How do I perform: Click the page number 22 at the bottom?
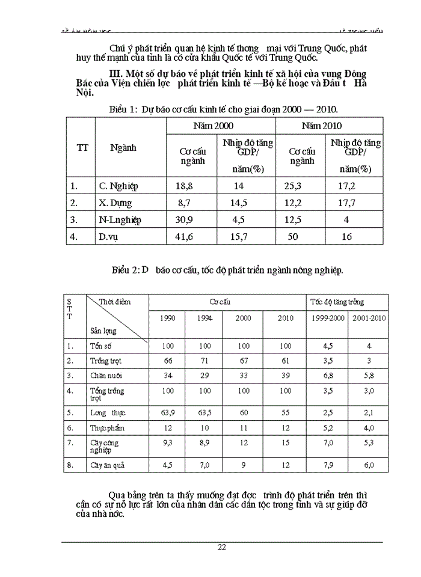[x=222, y=547]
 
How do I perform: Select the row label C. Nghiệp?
[x=118, y=186]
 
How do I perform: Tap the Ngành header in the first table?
[x=123, y=148]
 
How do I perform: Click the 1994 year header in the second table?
[x=204, y=318]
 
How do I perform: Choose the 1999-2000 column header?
[x=327, y=318]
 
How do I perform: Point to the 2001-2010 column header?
[x=369, y=318]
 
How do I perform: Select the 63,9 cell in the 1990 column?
[x=168, y=413]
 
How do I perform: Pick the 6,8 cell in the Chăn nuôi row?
[x=327, y=376]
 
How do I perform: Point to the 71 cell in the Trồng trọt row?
[x=204, y=361]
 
